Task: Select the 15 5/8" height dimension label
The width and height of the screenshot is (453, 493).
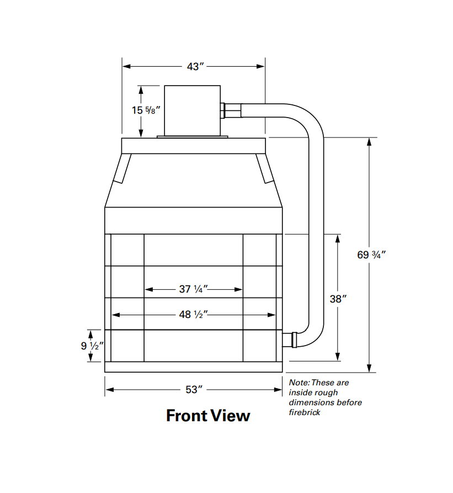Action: click(146, 110)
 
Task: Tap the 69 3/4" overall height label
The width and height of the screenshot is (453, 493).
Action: click(371, 255)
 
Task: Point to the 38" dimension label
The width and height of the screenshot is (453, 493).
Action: click(338, 299)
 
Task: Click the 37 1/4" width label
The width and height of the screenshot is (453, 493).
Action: click(193, 289)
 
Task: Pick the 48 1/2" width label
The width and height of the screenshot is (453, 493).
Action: click(193, 315)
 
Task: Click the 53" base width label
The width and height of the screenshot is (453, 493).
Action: click(194, 390)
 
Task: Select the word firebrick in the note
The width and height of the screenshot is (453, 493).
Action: click(305, 412)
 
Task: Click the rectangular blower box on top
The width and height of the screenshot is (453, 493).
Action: click(192, 110)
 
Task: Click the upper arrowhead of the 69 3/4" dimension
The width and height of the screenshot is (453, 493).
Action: click(370, 141)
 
